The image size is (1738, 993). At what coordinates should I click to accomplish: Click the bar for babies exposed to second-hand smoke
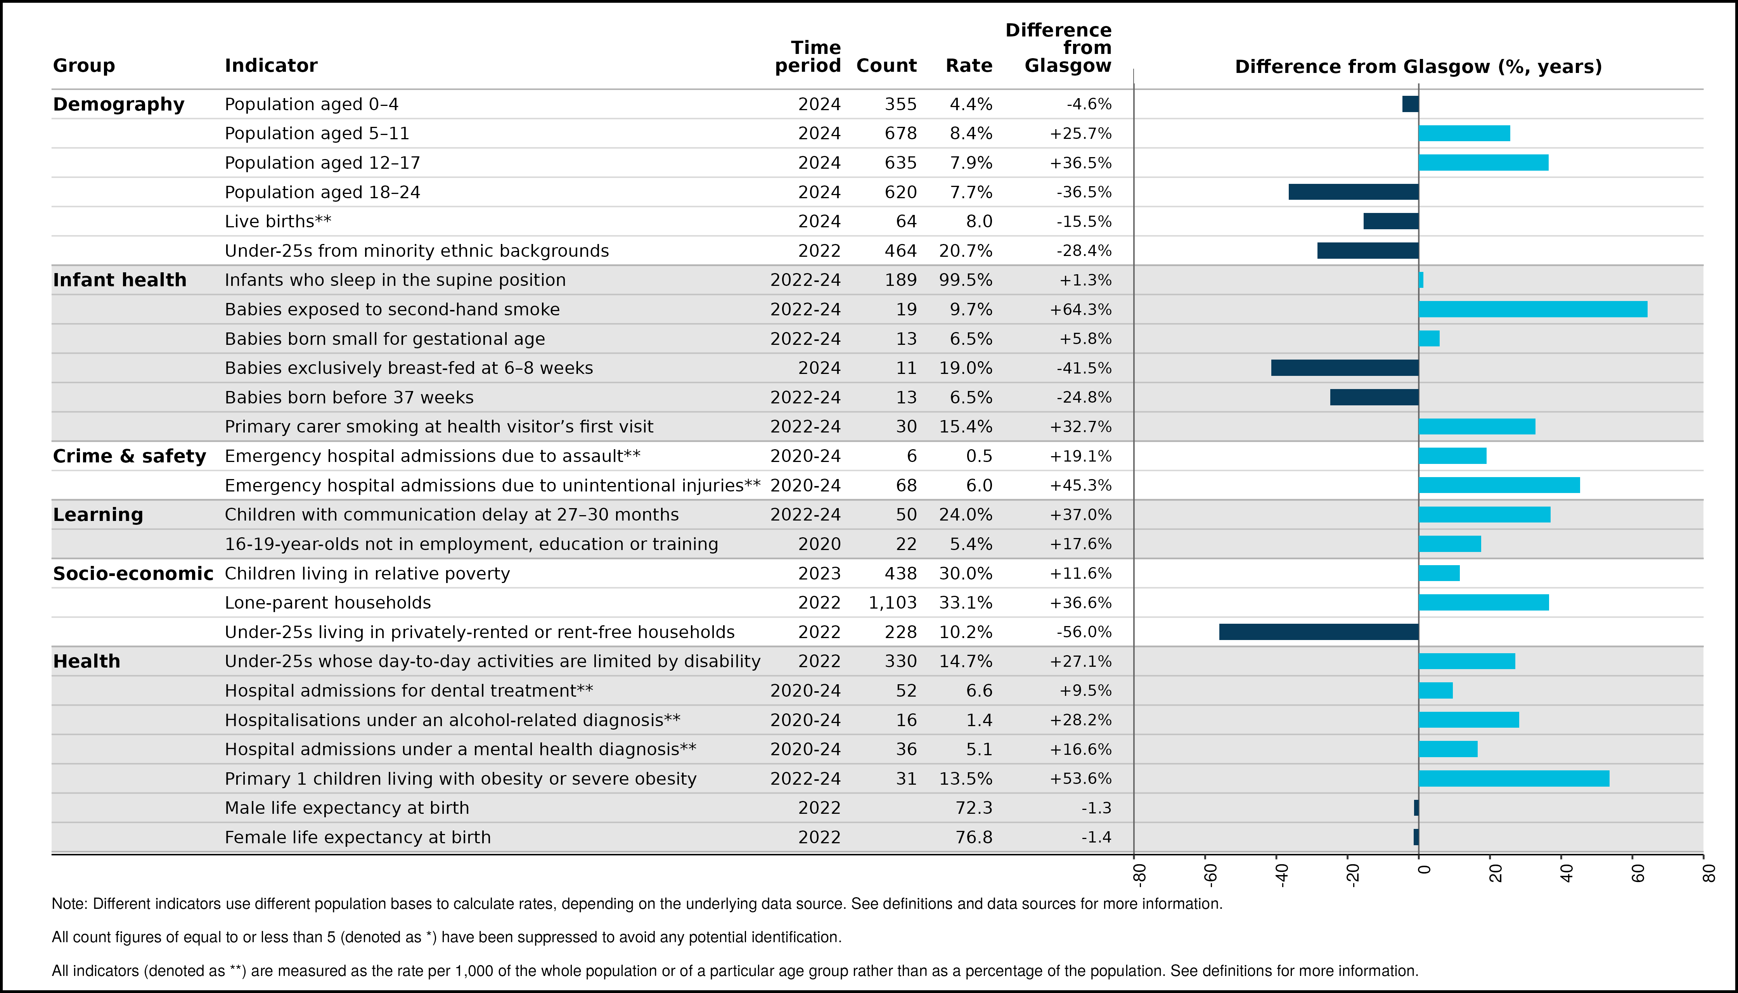[1533, 309]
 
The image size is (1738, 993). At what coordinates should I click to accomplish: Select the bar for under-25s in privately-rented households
[1319, 631]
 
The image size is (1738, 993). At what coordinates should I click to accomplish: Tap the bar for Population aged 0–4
[1411, 104]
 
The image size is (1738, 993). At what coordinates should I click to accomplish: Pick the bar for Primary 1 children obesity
[1514, 778]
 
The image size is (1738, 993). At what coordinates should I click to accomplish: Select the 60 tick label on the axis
[1637, 874]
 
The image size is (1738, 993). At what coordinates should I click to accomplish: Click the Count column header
[886, 66]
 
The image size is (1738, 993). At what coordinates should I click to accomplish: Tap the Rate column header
[969, 66]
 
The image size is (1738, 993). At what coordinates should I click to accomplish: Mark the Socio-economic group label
[133, 574]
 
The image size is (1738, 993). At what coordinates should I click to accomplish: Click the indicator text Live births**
[278, 221]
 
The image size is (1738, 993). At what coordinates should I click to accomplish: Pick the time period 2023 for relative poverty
[819, 574]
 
